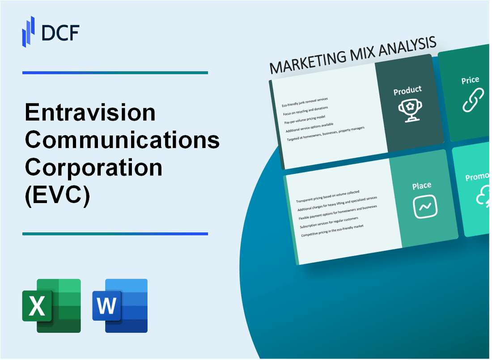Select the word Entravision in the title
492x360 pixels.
point(90,112)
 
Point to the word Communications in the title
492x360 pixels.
point(122,140)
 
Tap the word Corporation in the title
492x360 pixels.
point(93,168)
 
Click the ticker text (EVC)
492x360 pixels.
point(58,195)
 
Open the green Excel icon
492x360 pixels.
point(51,305)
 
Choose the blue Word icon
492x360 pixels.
point(120,305)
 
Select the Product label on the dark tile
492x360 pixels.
point(407,90)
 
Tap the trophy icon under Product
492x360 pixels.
point(407,110)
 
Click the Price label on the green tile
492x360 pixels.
point(470,80)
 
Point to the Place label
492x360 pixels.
point(422,185)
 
